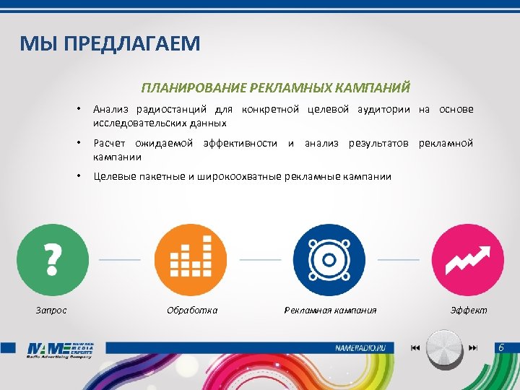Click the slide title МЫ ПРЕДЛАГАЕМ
[110, 45]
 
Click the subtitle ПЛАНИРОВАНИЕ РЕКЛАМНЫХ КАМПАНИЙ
[276, 88]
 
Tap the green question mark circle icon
[52, 259]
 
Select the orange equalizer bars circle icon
[191, 259]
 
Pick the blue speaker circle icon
[329, 259]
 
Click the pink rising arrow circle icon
[467, 259]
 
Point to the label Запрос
[51, 310]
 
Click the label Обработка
[192, 310]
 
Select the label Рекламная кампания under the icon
[330, 310]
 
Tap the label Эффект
[469, 310]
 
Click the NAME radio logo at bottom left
[61, 350]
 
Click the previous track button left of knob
[415, 348]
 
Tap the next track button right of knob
[473, 348]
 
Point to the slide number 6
[500, 348]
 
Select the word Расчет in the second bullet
[110, 143]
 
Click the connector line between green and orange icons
[120, 259]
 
